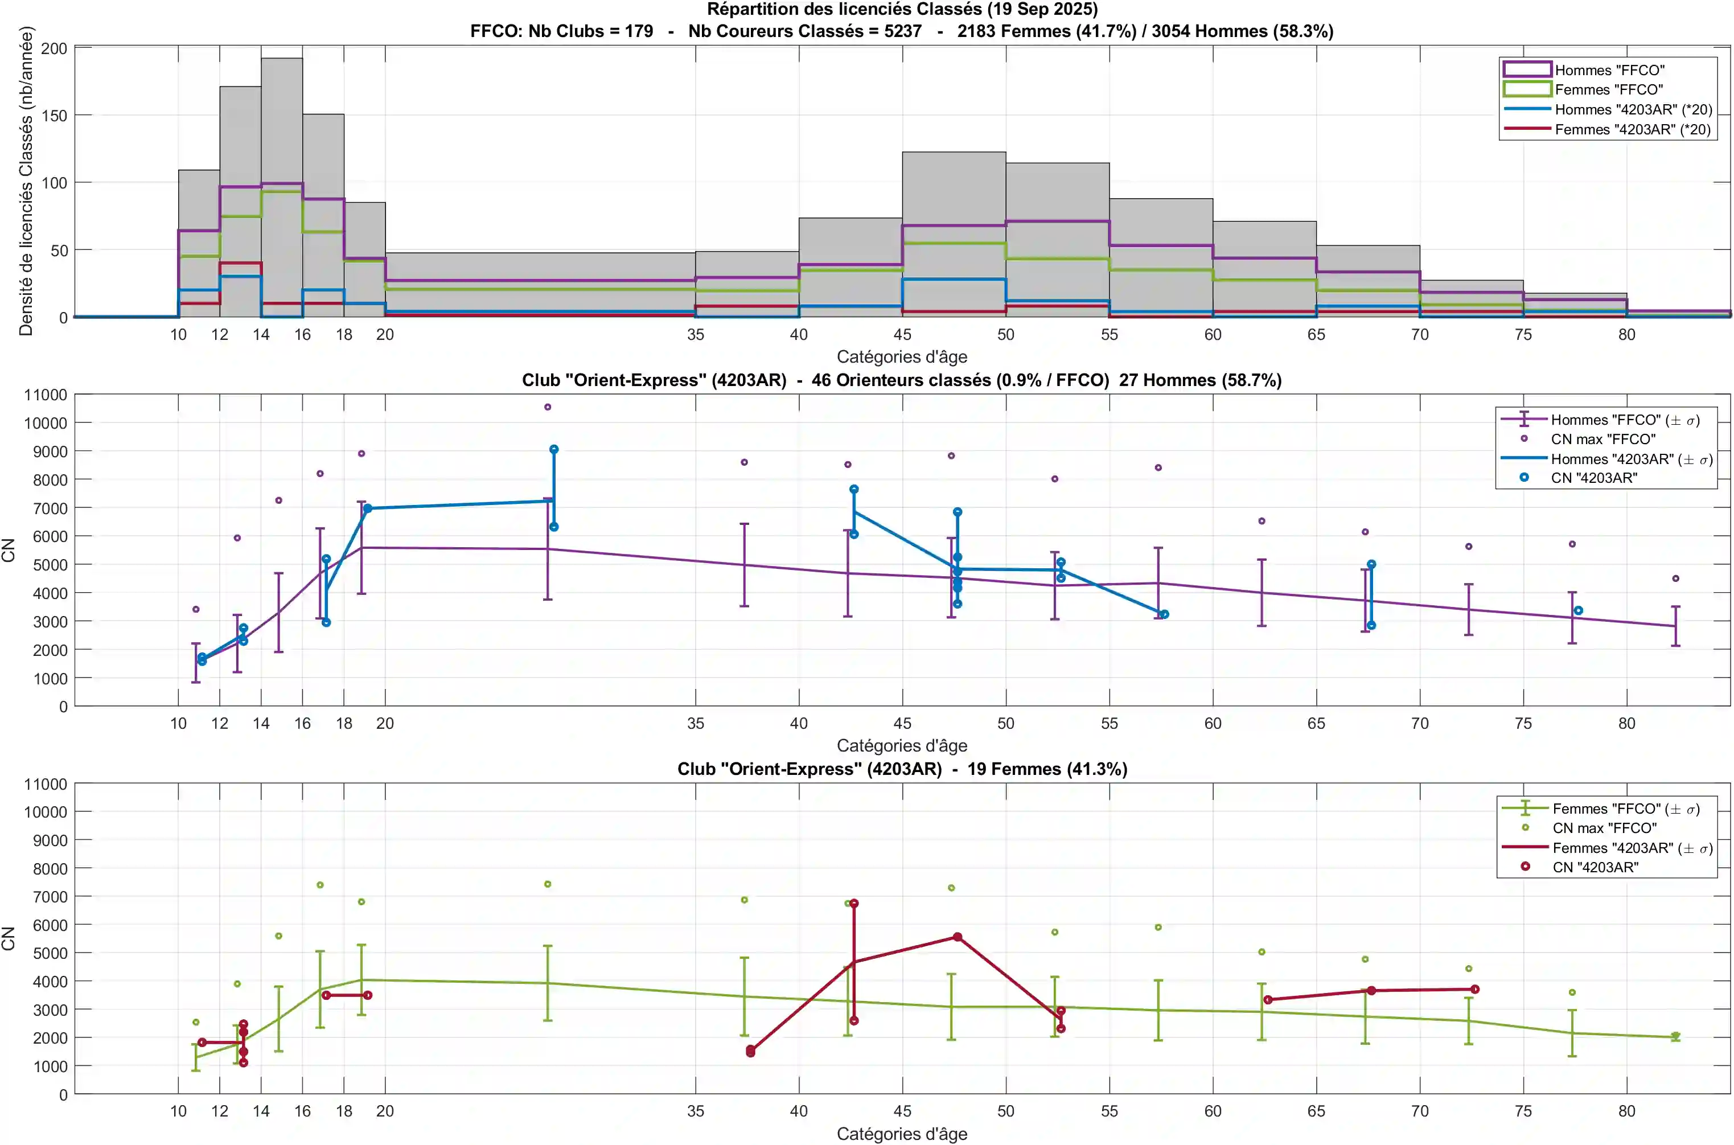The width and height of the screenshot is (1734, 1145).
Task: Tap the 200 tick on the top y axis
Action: [x=54, y=48]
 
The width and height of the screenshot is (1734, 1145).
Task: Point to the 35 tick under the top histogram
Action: [x=695, y=334]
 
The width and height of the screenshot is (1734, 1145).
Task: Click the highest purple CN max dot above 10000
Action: [x=548, y=407]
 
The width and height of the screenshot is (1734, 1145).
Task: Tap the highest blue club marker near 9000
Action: [x=554, y=449]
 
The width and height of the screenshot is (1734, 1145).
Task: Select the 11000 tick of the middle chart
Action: [x=46, y=395]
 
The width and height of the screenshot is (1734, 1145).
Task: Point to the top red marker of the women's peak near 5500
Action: [x=957, y=937]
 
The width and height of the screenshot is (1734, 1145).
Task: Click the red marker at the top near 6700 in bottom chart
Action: [x=853, y=903]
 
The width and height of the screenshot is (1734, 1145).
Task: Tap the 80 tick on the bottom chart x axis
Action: [x=1626, y=1111]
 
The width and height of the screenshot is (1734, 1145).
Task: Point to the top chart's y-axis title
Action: [x=26, y=181]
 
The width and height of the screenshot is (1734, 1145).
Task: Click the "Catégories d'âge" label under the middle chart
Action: [x=902, y=745]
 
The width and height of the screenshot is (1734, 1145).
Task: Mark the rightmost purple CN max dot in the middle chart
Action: [x=1675, y=578]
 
